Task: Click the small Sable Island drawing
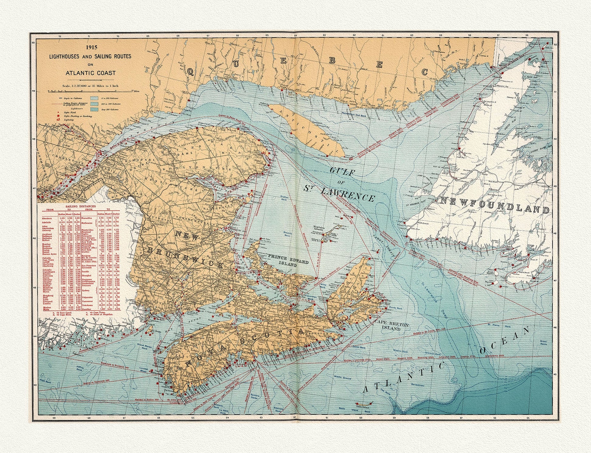tap(364, 404)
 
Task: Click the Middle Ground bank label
tap(343, 378)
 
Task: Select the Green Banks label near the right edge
tap(543, 343)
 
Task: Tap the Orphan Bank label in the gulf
tap(285, 198)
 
